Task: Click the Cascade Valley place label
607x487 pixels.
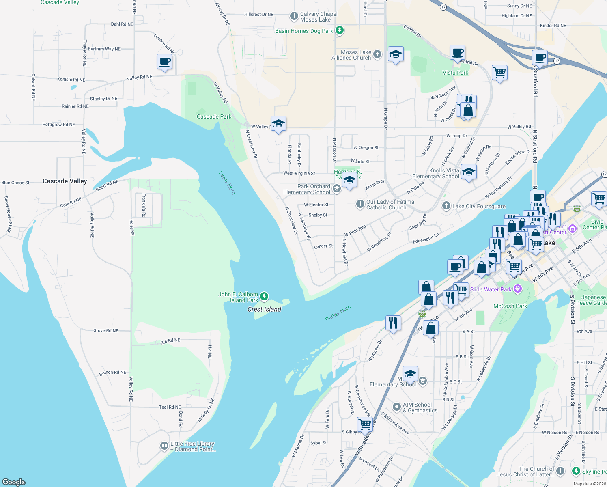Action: click(65, 181)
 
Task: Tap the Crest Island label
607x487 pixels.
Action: click(264, 309)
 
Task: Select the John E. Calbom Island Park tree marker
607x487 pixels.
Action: click(264, 297)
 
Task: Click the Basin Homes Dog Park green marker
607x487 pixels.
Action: click(340, 30)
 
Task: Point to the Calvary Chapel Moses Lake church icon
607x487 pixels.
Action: click(294, 17)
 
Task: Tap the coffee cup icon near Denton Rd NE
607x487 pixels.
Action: click(164, 62)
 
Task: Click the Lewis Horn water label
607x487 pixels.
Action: click(227, 183)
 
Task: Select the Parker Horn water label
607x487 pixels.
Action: click(338, 313)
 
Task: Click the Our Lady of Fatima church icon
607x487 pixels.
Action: click(360, 204)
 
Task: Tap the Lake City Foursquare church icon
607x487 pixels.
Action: click(446, 206)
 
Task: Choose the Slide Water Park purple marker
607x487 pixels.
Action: click(517, 289)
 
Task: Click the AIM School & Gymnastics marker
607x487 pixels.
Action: click(397, 407)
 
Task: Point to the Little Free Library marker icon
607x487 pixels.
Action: click(164, 446)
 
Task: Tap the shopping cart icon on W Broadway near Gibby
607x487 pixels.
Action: click(365, 424)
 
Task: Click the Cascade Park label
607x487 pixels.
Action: click(214, 116)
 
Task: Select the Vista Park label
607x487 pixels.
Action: click(455, 73)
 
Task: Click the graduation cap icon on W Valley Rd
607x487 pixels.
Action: click(278, 123)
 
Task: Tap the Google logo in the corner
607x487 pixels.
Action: click(14, 482)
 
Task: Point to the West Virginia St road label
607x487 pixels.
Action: click(299, 173)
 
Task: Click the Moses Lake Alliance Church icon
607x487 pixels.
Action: click(377, 54)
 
